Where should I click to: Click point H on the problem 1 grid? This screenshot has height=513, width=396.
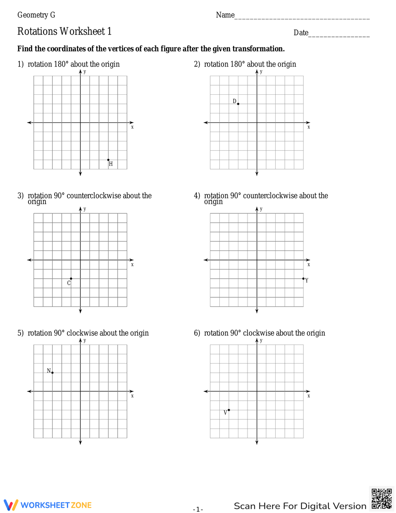(109, 160)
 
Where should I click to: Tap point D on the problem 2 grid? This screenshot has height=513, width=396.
(238, 104)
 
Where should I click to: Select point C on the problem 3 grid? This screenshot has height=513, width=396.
(71, 279)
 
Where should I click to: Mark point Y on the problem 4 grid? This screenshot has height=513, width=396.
(303, 279)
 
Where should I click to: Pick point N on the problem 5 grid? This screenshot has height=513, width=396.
(52, 373)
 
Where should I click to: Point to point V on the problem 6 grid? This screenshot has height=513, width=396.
(229, 410)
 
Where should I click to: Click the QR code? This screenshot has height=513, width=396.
(382, 499)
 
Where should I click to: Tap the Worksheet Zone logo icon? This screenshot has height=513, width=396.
(11, 505)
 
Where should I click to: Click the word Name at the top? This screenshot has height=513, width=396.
(225, 15)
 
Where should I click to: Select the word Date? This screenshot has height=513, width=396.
(301, 33)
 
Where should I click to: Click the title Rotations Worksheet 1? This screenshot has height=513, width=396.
(65, 31)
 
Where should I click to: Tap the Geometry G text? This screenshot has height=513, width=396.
(36, 15)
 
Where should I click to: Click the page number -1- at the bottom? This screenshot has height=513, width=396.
(198, 509)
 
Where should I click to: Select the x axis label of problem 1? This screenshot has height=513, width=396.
(132, 127)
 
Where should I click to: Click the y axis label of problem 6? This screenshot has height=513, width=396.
(261, 341)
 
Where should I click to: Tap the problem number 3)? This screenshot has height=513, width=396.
(21, 196)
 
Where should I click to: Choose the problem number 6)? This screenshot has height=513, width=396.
(197, 333)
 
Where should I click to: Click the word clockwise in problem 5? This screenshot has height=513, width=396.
(82, 333)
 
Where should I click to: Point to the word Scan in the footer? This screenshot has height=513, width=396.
(244, 506)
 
